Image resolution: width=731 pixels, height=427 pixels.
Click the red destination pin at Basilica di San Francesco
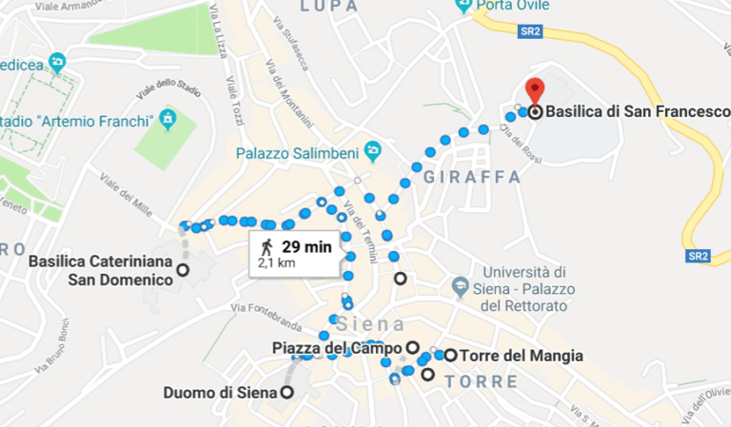(x=534, y=89)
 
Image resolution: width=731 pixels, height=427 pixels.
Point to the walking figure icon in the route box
(x=267, y=248)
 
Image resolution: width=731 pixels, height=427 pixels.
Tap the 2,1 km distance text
(x=277, y=262)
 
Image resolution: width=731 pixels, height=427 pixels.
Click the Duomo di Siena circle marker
(x=286, y=392)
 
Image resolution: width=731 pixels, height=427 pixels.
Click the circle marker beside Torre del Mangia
(x=450, y=356)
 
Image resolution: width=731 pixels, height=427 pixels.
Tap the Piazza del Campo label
(x=338, y=347)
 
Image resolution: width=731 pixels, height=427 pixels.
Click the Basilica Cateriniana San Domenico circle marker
(x=183, y=270)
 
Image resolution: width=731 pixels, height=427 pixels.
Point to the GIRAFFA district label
(x=472, y=178)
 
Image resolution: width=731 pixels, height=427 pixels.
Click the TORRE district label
(x=481, y=381)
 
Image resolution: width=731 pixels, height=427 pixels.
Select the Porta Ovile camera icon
(x=464, y=5)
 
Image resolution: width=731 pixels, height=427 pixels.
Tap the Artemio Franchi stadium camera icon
(x=168, y=121)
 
